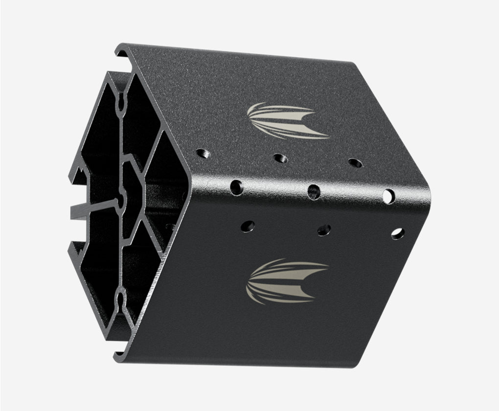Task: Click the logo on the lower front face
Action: pos(287,281)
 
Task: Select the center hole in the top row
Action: pos(279,158)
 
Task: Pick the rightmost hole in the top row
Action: pos(355,163)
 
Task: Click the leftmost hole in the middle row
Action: pos(236,186)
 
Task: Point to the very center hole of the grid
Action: pos(314,191)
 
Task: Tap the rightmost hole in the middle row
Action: pos(389,196)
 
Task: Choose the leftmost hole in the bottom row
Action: pos(248,226)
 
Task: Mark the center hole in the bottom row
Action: pos(324,229)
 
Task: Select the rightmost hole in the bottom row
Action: pos(398,233)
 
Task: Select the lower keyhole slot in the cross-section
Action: pos(120,297)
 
